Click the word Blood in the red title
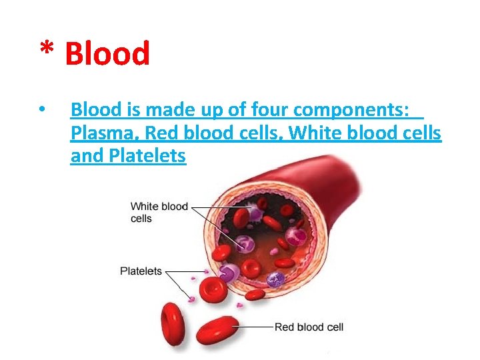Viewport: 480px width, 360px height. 107,53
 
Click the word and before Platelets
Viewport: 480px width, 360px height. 84,157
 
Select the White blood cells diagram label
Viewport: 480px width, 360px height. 159,212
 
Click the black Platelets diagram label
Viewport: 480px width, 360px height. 141,271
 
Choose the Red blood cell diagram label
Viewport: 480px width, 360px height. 309,327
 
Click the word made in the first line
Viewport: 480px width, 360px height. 188,109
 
